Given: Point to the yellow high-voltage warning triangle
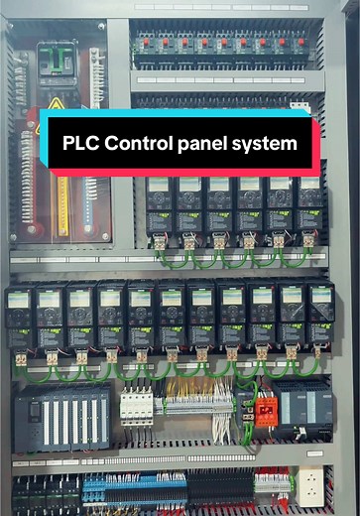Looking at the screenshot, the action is pyautogui.click(x=57, y=103).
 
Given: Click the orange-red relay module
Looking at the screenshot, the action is pyautogui.click(x=266, y=409).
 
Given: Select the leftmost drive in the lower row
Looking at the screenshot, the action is pyautogui.click(x=20, y=316).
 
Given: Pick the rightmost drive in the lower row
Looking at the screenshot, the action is pyautogui.click(x=320, y=316).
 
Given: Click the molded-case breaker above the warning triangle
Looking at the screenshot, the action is pyautogui.click(x=58, y=62).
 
